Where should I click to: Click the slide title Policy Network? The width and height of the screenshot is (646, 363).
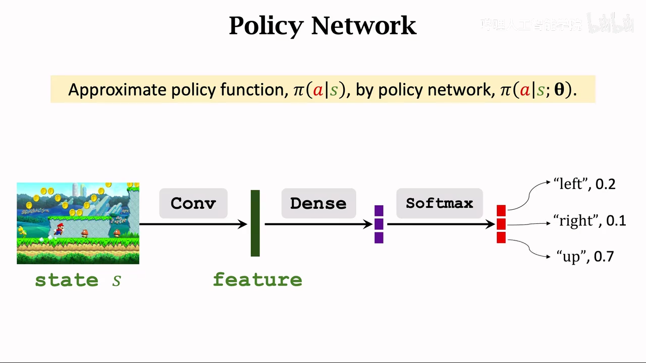coord(322,26)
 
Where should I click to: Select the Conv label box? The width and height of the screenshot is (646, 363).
coord(193,203)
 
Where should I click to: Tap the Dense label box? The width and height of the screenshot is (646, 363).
coord(318,203)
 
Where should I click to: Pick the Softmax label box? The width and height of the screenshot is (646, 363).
coord(440,203)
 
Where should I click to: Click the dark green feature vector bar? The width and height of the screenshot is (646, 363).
coord(255,223)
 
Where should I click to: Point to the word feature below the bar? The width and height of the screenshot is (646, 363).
coord(257,279)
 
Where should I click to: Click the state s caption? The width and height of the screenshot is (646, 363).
coord(78,280)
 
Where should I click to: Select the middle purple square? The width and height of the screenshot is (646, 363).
coord(379,224)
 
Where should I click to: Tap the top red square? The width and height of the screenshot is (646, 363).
coord(501,210)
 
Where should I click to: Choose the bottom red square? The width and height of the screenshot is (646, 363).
coord(501,237)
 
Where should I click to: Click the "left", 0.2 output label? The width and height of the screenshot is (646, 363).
coord(584,184)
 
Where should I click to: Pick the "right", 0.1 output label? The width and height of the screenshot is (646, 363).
coord(589,220)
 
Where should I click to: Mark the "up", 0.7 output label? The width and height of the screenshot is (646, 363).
coord(585,257)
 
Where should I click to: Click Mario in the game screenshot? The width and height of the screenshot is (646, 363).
coord(60,229)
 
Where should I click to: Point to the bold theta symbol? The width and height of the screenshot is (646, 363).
coord(560,90)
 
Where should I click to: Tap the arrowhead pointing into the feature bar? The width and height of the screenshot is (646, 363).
coord(243,224)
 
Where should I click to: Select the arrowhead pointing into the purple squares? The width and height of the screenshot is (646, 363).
coord(368,224)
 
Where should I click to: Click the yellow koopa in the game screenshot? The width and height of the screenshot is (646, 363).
coord(22,231)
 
